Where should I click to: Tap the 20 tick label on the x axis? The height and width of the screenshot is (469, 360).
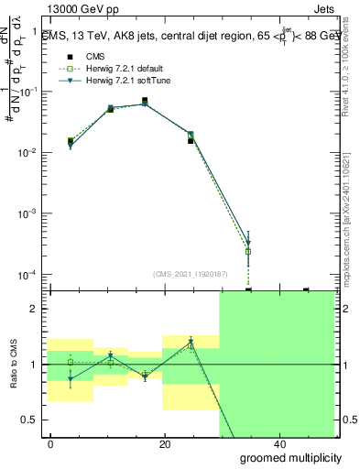coord(165,444)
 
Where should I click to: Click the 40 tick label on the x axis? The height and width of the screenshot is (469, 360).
coord(278,444)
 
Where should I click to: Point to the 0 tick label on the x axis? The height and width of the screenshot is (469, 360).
coord(51,444)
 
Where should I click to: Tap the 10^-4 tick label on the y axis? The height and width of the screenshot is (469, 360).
coord(30,275)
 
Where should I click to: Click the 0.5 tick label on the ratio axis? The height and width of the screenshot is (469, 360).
coord(32,420)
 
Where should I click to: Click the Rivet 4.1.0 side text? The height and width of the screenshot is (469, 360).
coord(351,64)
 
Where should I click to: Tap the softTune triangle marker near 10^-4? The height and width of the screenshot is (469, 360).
coord(248,244)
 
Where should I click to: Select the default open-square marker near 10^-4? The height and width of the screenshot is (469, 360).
coord(248,251)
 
